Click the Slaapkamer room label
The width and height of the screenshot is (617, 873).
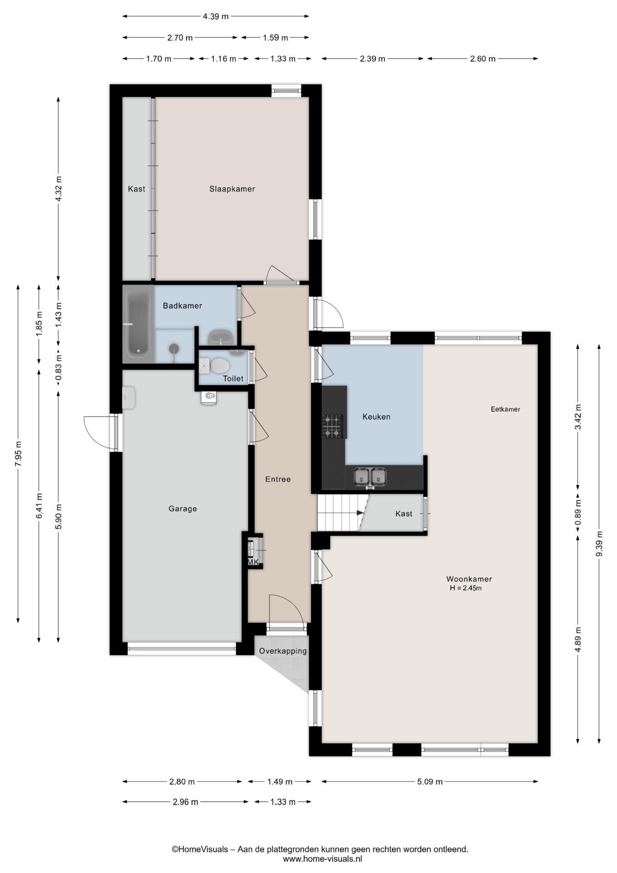(x=232, y=189)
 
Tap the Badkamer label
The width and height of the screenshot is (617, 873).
(x=182, y=306)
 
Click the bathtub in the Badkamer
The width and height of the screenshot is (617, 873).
(x=138, y=323)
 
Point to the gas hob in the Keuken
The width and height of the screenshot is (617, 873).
(x=333, y=426)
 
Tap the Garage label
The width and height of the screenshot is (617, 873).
(x=183, y=508)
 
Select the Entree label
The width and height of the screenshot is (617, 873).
(x=278, y=479)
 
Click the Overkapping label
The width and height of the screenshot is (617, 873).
(x=283, y=651)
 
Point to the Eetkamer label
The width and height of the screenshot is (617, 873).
(x=505, y=409)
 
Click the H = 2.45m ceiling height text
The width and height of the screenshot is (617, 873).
(x=466, y=588)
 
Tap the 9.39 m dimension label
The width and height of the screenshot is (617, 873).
(x=599, y=543)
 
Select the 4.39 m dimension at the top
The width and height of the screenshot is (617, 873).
(x=215, y=16)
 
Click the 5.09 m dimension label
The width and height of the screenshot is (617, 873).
(x=429, y=782)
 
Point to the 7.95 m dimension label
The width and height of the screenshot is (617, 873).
(x=18, y=453)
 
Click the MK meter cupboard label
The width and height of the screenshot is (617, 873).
(x=253, y=562)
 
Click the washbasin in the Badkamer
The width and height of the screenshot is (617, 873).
(x=221, y=337)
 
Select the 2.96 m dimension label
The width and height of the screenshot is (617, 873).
(x=185, y=802)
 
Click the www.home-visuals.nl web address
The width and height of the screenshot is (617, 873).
(x=322, y=859)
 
